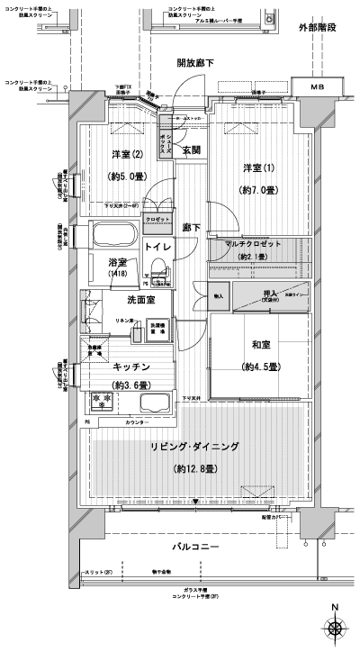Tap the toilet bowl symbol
point(158,272)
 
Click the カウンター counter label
point(136,422)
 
